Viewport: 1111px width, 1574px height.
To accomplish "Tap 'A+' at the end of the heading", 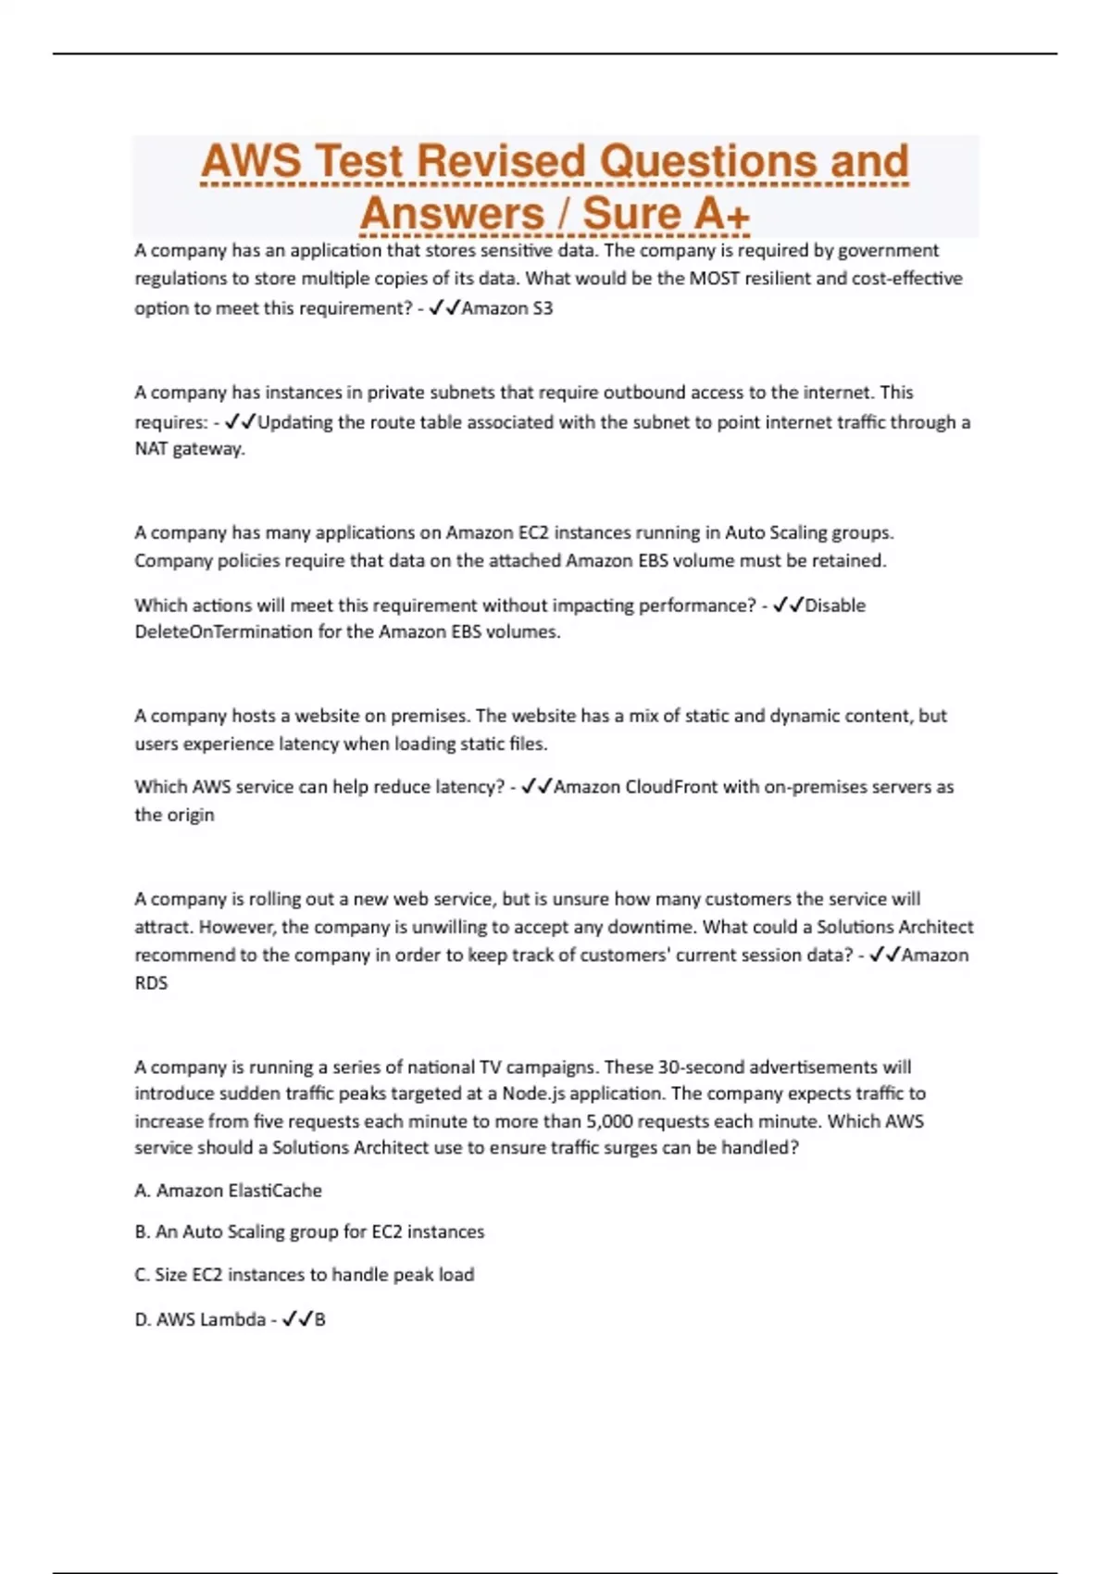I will pos(721,215).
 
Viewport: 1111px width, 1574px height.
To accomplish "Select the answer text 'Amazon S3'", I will pos(507,308).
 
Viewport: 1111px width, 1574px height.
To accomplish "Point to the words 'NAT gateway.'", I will pos(190,449).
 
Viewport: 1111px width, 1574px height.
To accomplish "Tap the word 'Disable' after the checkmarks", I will pos(835,606).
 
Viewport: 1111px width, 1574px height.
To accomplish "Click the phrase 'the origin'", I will pos(174,815).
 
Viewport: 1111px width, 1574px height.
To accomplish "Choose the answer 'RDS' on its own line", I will pos(151,983).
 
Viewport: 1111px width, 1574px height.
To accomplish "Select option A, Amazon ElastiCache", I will pos(229,1191).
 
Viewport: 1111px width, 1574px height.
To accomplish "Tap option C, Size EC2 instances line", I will pos(305,1275).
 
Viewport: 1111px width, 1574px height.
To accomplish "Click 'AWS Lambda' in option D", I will pos(210,1319).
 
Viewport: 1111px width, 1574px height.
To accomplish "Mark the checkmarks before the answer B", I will pos(296,1319).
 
